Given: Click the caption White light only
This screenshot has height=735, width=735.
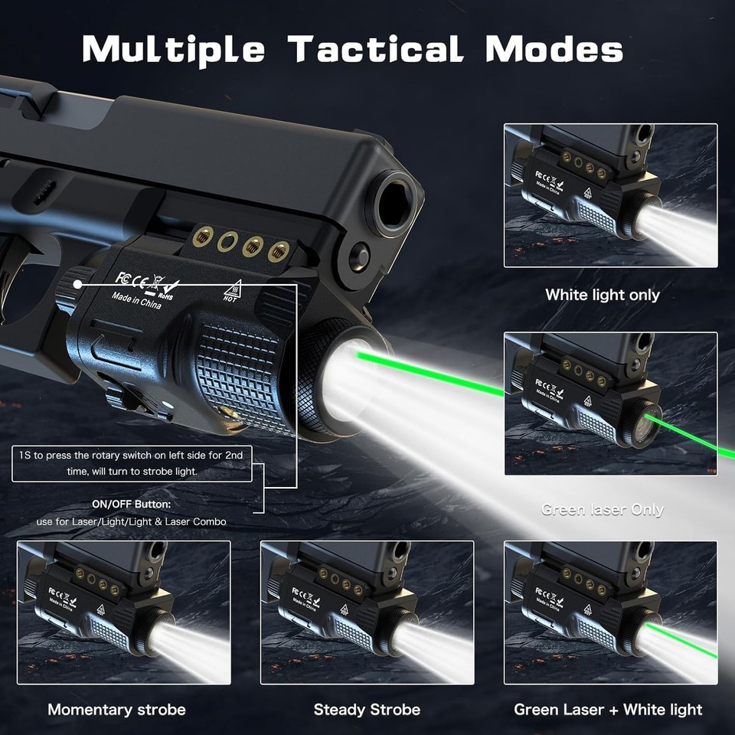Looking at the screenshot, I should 602,295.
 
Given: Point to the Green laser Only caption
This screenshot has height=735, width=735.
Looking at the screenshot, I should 602,510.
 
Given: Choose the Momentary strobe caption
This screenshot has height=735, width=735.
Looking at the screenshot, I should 116,710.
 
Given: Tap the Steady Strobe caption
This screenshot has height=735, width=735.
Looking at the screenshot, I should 367,710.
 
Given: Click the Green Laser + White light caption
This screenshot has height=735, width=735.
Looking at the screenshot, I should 608,710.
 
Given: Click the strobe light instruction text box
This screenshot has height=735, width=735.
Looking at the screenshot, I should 132,464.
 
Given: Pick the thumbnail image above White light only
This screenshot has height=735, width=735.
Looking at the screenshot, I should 610,196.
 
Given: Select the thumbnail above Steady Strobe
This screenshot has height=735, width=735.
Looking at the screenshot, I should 367,612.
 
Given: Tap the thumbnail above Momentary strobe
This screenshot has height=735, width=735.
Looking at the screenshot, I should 123,612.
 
